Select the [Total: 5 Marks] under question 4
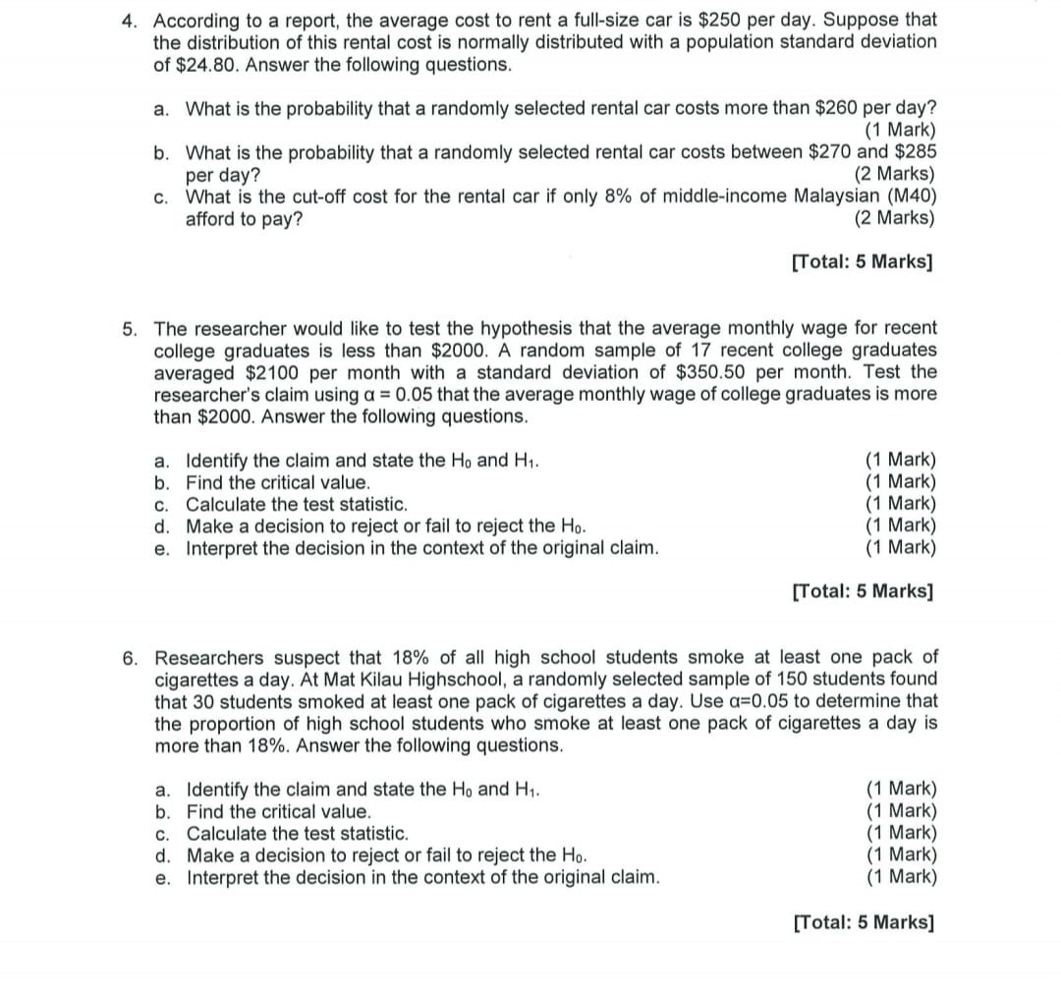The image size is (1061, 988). (x=863, y=262)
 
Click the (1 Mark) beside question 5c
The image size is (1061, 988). (x=900, y=505)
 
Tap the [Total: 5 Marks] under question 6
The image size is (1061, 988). (x=863, y=922)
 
